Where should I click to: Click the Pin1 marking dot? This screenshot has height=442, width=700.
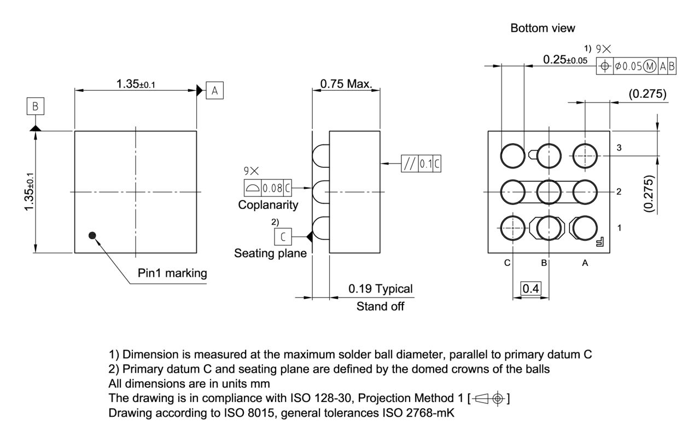click(x=92, y=235)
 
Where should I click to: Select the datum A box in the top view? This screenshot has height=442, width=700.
click(x=214, y=91)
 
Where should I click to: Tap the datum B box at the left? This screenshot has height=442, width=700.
click(x=35, y=107)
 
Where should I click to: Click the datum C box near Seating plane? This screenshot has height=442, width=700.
click(x=283, y=237)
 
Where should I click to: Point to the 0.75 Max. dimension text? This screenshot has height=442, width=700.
click(x=346, y=84)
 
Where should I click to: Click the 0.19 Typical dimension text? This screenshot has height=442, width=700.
click(x=381, y=289)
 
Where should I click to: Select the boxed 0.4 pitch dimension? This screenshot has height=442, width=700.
click(x=530, y=288)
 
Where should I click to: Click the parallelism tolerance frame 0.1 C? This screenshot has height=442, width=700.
click(x=421, y=164)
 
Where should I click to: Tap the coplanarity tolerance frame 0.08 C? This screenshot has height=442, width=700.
click(x=267, y=188)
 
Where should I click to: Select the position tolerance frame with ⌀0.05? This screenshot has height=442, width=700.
click(x=637, y=66)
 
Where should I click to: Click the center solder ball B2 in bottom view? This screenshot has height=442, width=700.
click(x=549, y=191)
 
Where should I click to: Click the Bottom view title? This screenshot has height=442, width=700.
click(x=542, y=28)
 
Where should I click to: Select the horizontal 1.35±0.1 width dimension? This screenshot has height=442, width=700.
click(x=135, y=84)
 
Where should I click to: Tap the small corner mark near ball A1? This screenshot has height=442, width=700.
click(x=599, y=241)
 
